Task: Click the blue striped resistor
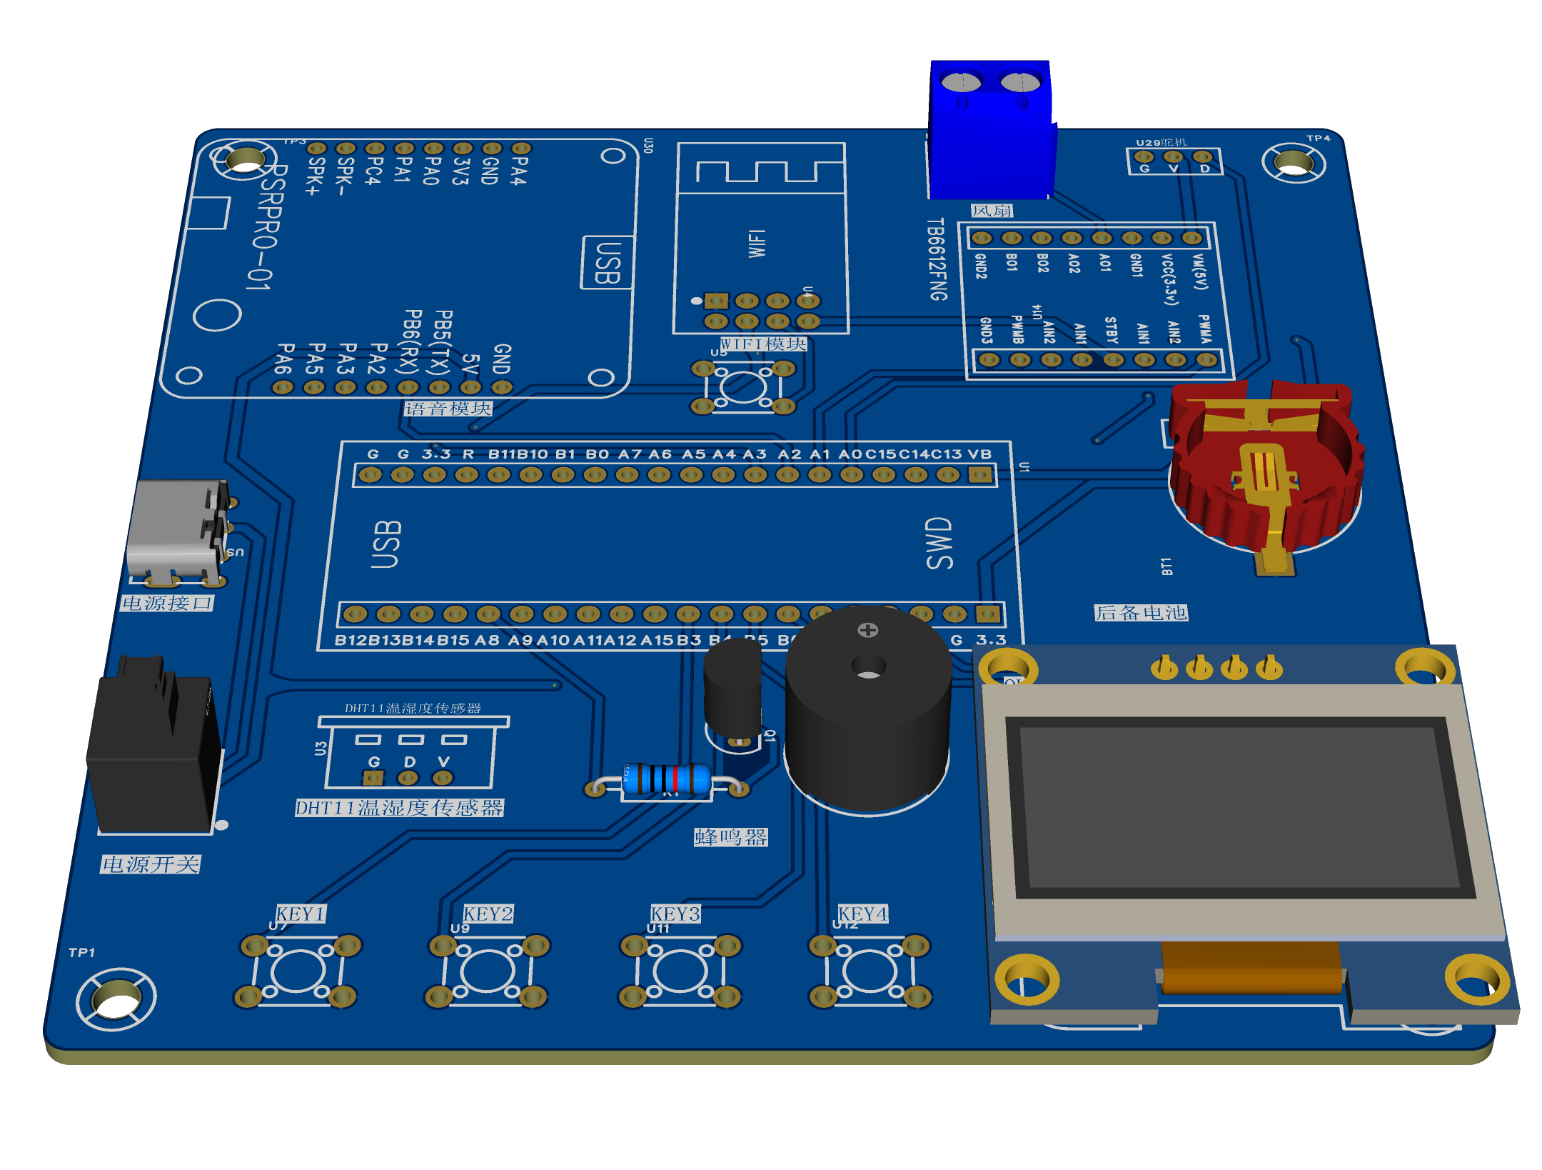[667, 779]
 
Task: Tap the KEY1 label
[301, 914]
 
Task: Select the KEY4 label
[862, 914]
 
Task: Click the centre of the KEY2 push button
[488, 971]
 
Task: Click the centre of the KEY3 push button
[679, 971]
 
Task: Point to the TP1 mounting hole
[116, 998]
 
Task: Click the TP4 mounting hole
[1293, 163]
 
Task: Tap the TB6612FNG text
[937, 259]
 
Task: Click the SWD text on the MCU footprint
[939, 543]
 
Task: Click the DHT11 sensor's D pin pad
[408, 777]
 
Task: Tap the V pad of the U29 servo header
[1173, 157]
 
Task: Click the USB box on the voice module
[607, 262]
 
